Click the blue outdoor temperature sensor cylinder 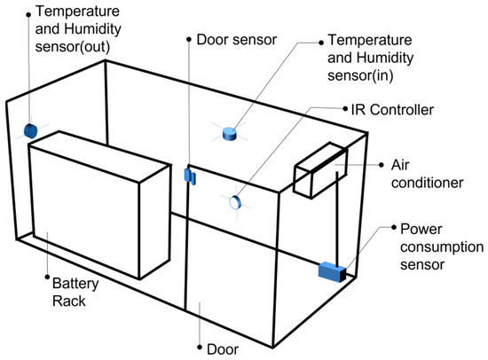[30, 131]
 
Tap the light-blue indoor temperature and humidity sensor [230, 134]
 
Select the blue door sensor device [190, 176]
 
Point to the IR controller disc [235, 202]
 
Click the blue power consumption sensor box [332, 272]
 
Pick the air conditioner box [321, 170]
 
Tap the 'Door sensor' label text [237, 40]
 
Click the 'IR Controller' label [392, 110]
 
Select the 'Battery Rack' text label [75, 293]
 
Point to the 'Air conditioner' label [427, 174]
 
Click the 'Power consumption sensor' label [442, 247]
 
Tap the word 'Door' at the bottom [223, 349]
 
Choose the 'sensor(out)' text [73, 47]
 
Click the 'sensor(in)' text [360, 75]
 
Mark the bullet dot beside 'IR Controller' [345, 109]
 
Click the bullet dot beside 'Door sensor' [189, 40]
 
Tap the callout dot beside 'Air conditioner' [382, 165]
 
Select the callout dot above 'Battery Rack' [47, 277]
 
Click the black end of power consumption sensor [343, 275]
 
